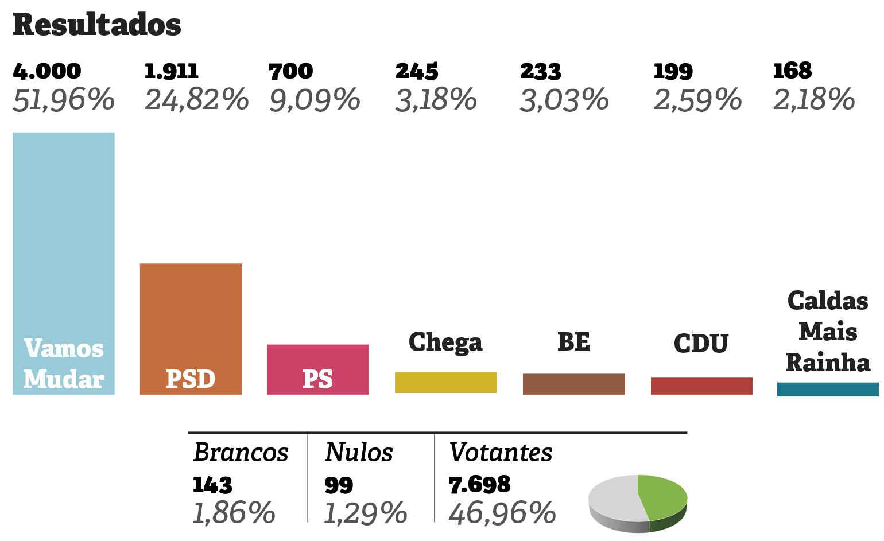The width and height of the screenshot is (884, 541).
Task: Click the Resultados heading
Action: click(x=96, y=25)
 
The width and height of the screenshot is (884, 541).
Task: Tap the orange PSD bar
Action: click(x=191, y=321)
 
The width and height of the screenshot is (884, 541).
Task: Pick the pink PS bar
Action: click(x=317, y=361)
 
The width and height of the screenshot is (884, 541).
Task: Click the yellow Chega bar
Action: click(x=445, y=382)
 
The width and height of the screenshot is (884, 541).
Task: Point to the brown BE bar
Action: click(x=573, y=384)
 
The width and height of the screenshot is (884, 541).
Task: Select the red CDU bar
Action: click(x=701, y=386)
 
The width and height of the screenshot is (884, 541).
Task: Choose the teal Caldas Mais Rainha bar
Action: click(x=827, y=389)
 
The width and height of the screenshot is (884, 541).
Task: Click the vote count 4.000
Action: click(x=47, y=71)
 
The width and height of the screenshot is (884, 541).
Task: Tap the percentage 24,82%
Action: click(x=196, y=99)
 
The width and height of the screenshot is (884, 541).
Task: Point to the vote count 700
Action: click(x=291, y=71)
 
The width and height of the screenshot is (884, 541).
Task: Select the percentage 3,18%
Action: click(x=436, y=100)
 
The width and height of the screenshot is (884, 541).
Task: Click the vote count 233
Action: click(x=540, y=71)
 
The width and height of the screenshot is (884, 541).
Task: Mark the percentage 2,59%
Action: click(x=697, y=100)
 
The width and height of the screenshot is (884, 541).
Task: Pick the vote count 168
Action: click(x=792, y=71)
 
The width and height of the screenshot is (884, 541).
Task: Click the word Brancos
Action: click(x=241, y=452)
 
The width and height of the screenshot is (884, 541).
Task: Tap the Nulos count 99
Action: click(x=339, y=485)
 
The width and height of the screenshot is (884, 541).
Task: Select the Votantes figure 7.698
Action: click(x=479, y=485)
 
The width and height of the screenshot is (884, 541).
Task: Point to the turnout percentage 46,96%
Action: click(x=502, y=513)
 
